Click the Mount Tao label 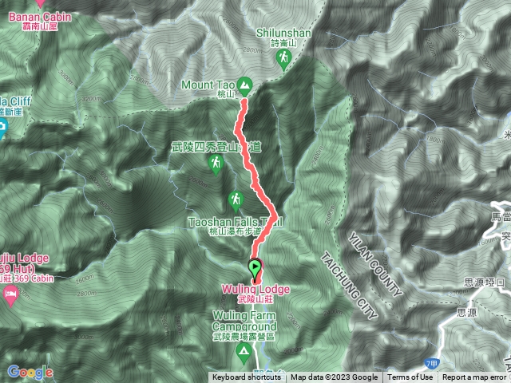(209, 84)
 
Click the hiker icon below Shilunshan (283, 60)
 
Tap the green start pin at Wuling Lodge (255, 270)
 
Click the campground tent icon (244, 351)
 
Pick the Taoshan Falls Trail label (236, 219)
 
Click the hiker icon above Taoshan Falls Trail (236, 198)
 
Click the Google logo (30, 372)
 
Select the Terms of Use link (410, 377)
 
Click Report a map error (474, 377)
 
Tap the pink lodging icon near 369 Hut (10, 295)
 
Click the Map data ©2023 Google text (335, 377)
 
